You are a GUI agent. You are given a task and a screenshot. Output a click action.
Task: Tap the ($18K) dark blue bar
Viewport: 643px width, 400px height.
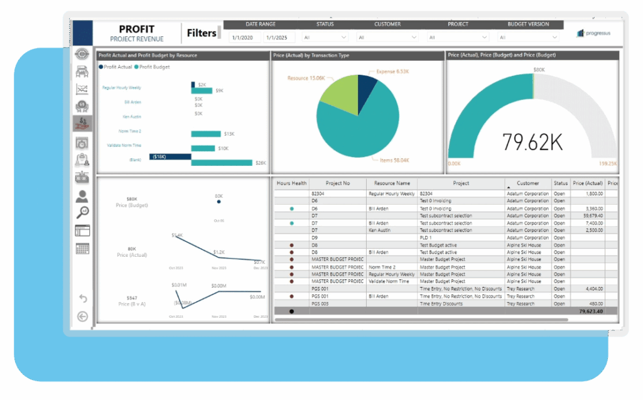point(170,156)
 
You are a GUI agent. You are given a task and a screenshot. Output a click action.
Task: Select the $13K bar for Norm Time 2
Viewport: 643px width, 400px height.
point(206,134)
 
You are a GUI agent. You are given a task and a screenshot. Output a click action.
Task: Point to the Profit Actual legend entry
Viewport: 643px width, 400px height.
point(116,67)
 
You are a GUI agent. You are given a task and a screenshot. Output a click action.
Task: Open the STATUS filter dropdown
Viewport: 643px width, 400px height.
point(325,38)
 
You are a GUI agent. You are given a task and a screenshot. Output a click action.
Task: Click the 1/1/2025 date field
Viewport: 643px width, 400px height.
point(280,38)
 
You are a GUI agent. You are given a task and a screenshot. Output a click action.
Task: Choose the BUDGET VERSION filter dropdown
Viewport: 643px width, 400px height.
point(528,38)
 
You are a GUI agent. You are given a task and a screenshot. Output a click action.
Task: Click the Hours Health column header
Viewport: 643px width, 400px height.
point(291,183)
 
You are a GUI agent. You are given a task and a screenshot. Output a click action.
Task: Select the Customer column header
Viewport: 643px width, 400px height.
point(527,183)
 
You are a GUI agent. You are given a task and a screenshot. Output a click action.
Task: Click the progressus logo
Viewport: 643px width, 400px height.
point(593,33)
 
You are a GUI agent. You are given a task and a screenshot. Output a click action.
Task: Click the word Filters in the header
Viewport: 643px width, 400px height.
point(202,33)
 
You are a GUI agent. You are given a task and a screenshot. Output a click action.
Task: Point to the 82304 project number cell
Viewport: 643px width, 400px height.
point(318,194)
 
